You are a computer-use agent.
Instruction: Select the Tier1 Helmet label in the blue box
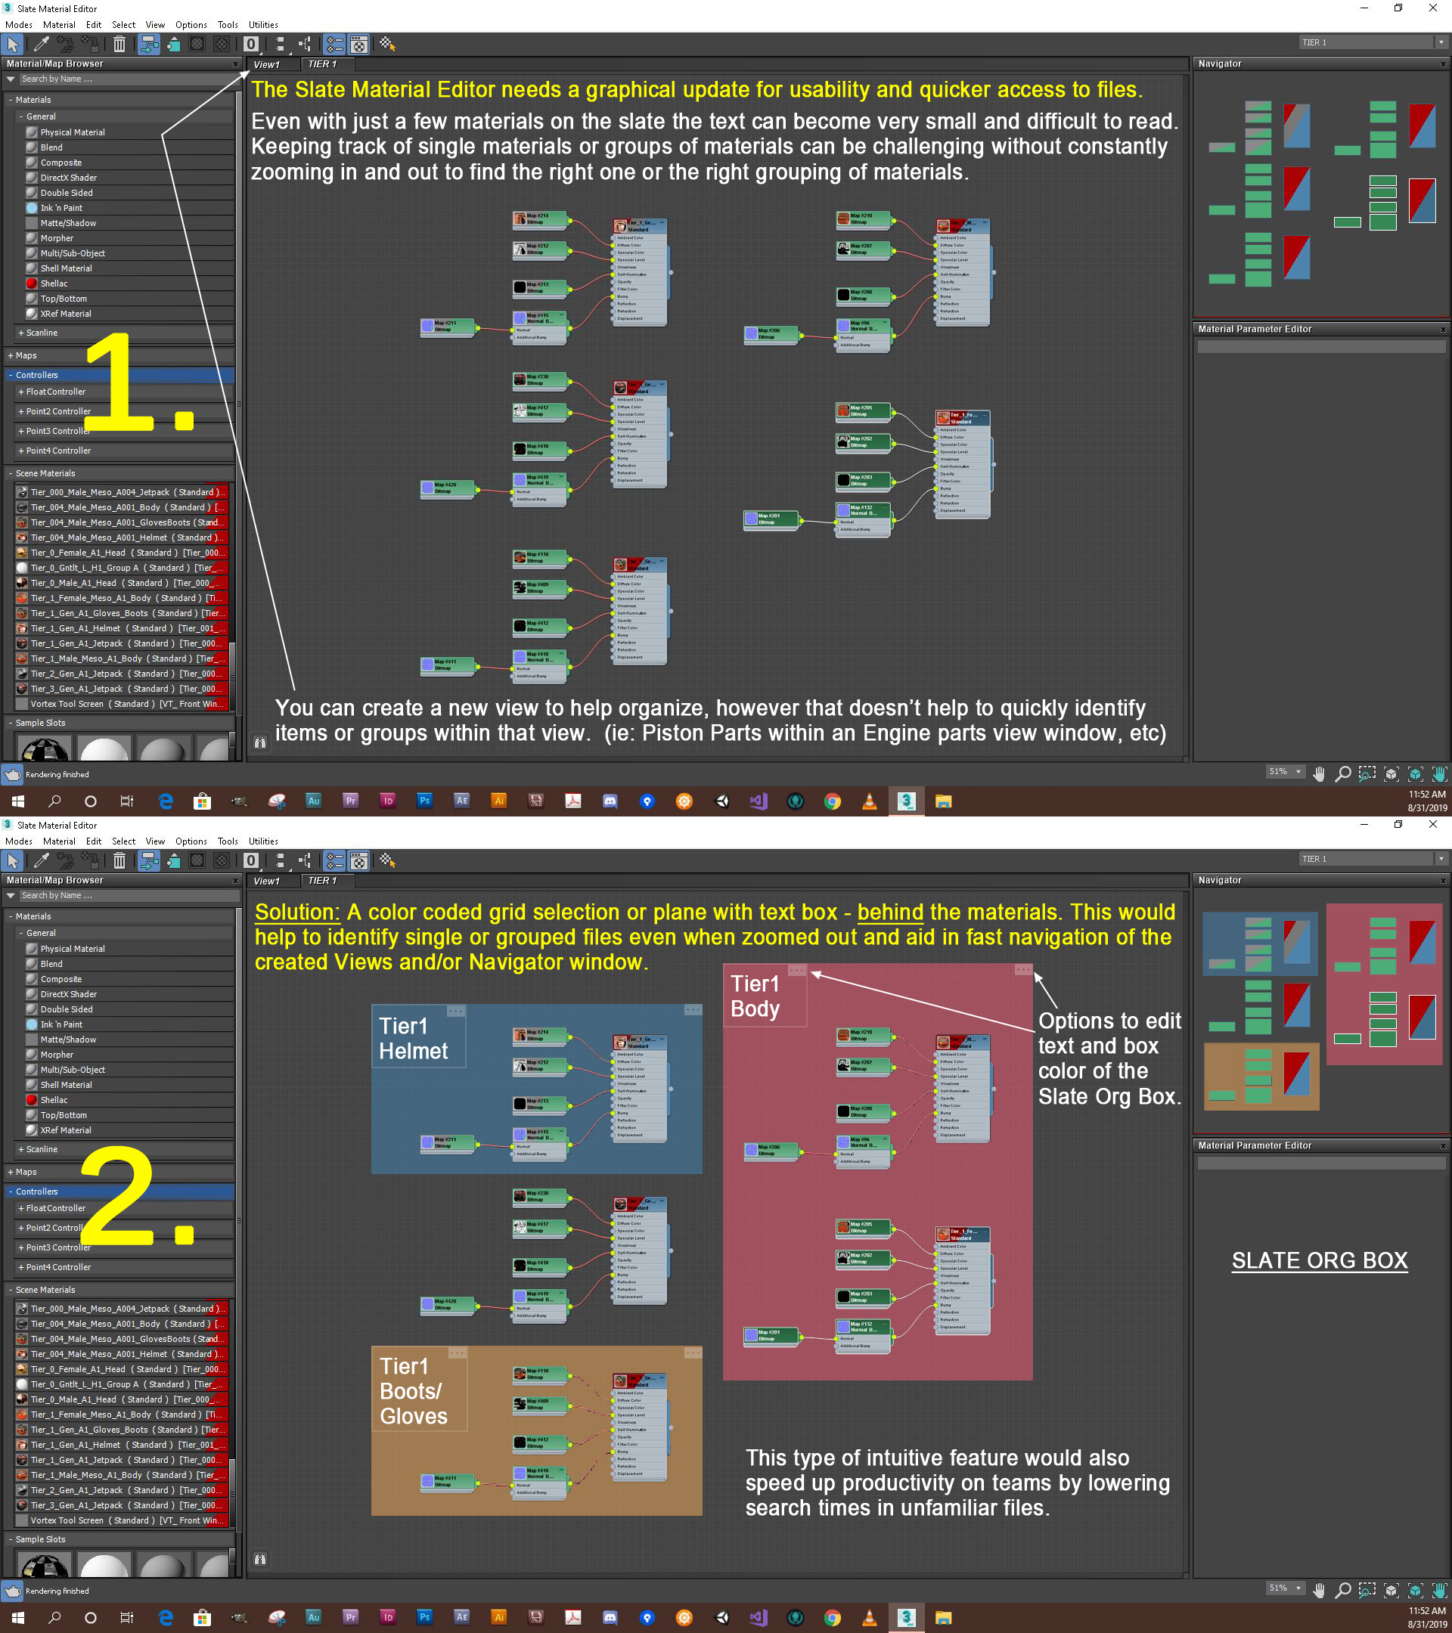(x=412, y=1039)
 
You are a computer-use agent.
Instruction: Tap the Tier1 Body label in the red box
(x=755, y=996)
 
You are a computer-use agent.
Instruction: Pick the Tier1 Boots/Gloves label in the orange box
(x=413, y=1391)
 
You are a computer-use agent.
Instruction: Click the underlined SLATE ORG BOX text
(x=1319, y=1261)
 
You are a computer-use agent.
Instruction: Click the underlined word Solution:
(x=297, y=913)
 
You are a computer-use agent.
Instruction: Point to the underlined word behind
(x=889, y=913)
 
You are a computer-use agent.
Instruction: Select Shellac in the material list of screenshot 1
(x=54, y=284)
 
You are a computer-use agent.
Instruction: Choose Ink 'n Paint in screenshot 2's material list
(x=60, y=1024)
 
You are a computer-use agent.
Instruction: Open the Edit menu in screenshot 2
(x=94, y=841)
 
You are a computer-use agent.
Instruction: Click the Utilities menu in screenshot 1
(x=263, y=25)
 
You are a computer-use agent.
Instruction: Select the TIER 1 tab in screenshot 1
(x=322, y=64)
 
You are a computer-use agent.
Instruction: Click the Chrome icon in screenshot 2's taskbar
(x=832, y=1618)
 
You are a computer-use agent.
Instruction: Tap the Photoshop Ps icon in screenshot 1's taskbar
(x=424, y=801)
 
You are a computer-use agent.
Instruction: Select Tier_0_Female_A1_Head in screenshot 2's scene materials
(x=79, y=1368)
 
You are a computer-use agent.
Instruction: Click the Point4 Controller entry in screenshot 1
(x=57, y=451)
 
